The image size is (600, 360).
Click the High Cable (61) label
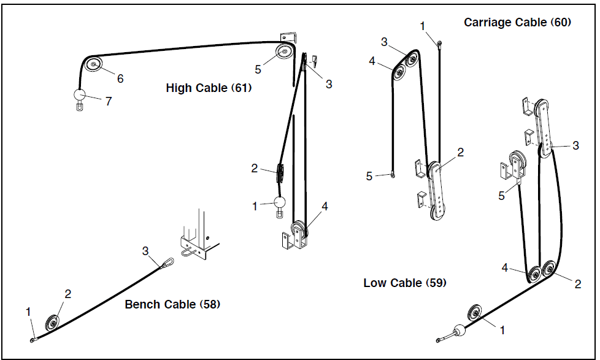click(209, 88)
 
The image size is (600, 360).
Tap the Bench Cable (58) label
click(172, 304)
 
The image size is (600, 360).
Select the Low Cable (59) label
click(405, 283)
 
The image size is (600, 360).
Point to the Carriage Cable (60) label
click(517, 23)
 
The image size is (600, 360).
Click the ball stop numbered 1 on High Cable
click(280, 202)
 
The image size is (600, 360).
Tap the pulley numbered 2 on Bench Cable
click(53, 323)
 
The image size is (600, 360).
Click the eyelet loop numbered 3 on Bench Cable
click(167, 264)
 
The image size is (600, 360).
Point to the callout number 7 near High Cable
click(109, 101)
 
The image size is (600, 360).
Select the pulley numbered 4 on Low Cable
click(533, 274)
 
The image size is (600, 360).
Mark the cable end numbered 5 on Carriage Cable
click(392, 175)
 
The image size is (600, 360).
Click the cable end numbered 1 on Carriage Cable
click(440, 43)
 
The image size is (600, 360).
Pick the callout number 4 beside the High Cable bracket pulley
click(325, 207)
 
